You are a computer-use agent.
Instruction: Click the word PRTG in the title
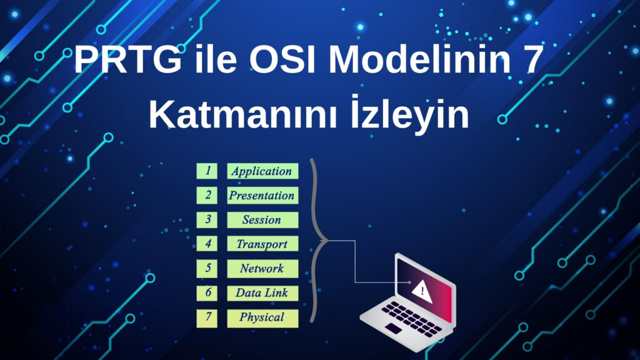click(x=127, y=59)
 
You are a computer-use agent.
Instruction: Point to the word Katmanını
click(x=243, y=115)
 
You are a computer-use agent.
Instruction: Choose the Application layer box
click(x=262, y=171)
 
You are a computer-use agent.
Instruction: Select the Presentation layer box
click(x=262, y=196)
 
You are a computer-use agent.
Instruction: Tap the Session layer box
click(x=262, y=219)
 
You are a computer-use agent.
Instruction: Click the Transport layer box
click(x=262, y=244)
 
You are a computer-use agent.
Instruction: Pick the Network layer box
click(x=262, y=268)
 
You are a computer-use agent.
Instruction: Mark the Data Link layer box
click(x=262, y=293)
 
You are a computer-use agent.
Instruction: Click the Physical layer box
click(x=262, y=318)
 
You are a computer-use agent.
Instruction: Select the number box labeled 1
click(x=207, y=171)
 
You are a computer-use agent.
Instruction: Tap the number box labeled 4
click(x=207, y=244)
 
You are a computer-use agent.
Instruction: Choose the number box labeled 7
click(x=207, y=318)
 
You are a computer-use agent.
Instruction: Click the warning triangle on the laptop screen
click(x=422, y=291)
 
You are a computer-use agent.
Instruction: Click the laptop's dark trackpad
click(x=394, y=328)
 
